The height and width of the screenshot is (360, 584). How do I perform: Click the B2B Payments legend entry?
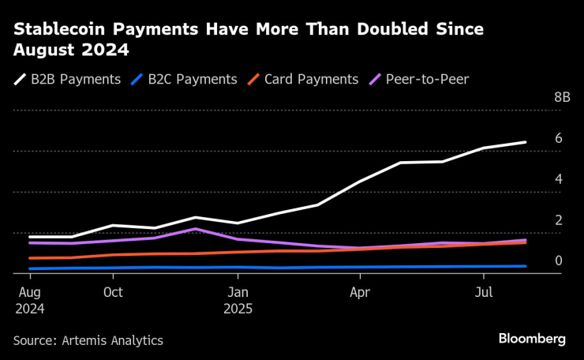[68, 79]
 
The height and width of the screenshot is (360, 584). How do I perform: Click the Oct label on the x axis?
[113, 292]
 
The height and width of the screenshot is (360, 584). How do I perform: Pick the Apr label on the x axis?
[360, 292]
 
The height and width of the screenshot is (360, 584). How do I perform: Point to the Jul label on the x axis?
[484, 292]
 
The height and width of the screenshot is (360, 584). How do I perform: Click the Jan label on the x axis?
[238, 292]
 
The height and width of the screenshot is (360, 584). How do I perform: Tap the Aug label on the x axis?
[30, 292]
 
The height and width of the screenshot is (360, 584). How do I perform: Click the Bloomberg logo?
[531, 339]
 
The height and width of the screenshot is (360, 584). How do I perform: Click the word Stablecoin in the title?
[60, 29]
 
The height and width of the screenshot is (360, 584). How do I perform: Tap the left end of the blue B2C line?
[30, 268]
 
